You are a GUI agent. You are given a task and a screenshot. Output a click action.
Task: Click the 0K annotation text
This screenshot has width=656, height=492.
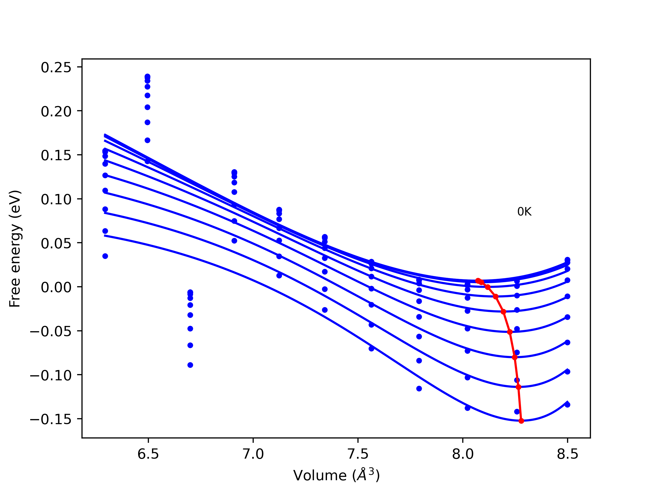click(x=524, y=212)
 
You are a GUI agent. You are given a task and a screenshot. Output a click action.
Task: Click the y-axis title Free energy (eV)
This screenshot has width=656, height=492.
click(x=15, y=249)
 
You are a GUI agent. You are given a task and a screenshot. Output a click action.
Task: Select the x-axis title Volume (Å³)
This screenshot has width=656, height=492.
click(x=336, y=475)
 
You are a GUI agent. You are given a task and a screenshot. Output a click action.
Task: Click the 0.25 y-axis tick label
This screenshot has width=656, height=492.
click(x=56, y=68)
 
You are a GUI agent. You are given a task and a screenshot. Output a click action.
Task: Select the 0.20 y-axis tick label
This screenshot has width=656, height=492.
click(x=56, y=111)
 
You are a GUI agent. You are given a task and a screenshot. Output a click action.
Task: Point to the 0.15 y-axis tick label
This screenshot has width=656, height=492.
click(x=56, y=155)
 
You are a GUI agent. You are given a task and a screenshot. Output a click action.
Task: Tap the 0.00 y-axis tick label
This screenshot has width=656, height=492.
click(x=56, y=287)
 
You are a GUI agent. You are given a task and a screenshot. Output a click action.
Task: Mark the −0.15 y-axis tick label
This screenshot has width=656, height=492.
click(x=51, y=419)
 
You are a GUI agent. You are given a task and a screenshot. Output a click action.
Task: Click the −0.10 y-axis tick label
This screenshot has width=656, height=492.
click(x=51, y=375)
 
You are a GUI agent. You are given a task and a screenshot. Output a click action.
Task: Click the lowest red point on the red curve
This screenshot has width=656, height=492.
click(x=521, y=421)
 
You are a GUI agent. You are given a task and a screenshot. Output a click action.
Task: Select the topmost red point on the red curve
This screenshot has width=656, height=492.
click(x=478, y=281)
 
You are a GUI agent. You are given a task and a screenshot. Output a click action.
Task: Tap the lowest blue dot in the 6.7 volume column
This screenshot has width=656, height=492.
click(x=190, y=365)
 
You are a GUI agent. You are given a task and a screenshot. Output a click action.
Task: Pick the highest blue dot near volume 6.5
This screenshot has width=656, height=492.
click(x=147, y=77)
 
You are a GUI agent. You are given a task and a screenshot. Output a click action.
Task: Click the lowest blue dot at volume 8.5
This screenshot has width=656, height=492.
click(x=567, y=405)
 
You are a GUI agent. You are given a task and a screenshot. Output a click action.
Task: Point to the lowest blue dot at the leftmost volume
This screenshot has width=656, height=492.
click(x=105, y=256)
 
